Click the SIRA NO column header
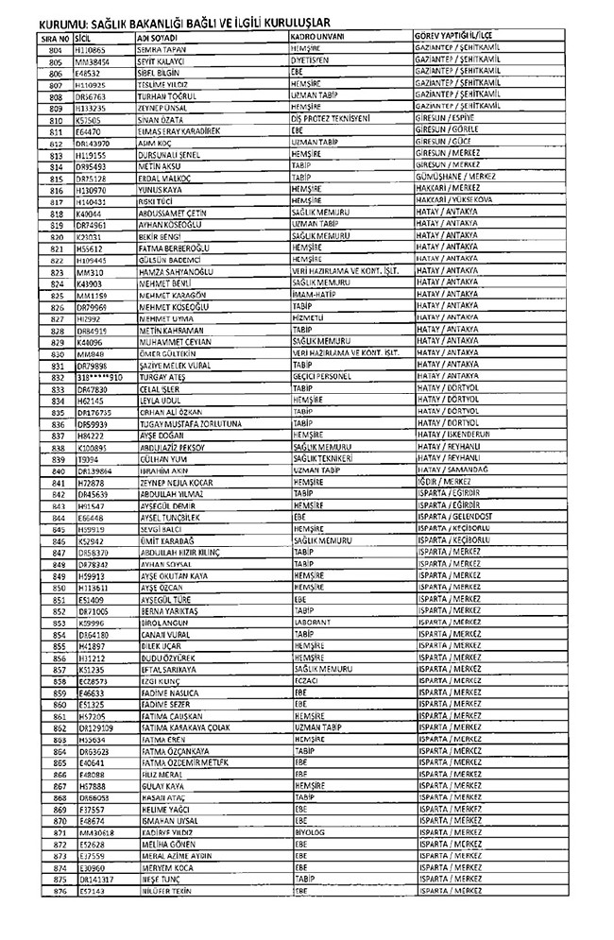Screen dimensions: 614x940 55,35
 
